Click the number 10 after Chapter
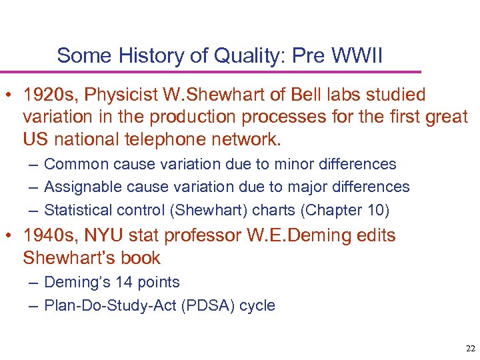click(x=374, y=209)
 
